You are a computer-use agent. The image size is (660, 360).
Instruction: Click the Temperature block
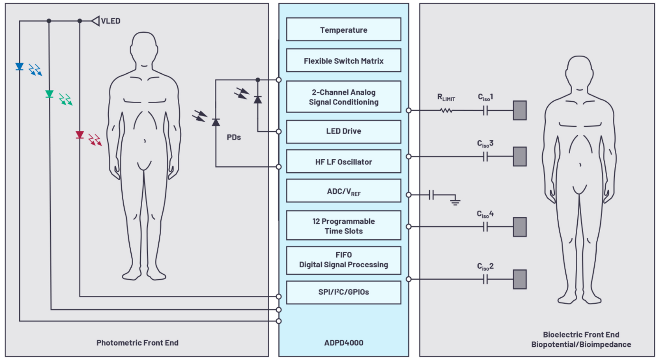[x=343, y=29]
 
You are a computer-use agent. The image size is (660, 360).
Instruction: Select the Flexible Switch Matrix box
[x=343, y=60]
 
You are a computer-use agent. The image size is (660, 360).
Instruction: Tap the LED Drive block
[x=343, y=131]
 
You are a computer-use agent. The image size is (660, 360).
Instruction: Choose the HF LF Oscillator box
[x=343, y=162]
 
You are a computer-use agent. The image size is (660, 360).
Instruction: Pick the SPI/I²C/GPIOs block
[x=343, y=292]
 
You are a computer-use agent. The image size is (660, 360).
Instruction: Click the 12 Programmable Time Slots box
[x=343, y=226]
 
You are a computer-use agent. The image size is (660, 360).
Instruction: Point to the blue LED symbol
[x=19, y=67]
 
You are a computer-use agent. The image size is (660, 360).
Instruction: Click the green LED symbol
[x=49, y=94]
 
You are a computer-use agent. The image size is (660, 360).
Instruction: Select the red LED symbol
[x=79, y=135]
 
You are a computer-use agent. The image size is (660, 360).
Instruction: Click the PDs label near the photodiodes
[x=233, y=137]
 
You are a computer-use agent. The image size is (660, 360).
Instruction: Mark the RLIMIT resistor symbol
[x=446, y=110]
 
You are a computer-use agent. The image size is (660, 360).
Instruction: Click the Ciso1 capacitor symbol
[x=485, y=110]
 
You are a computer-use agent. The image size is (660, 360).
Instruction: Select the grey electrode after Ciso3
[x=519, y=156]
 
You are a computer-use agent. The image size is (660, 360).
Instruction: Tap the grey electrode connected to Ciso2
[x=519, y=279]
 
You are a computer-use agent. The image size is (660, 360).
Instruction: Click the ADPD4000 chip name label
[x=343, y=343]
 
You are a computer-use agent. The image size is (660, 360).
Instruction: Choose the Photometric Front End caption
[x=137, y=343]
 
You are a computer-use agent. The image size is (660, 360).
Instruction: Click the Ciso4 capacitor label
[x=485, y=214]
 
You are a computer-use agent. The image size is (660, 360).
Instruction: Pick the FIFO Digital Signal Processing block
[x=343, y=260]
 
